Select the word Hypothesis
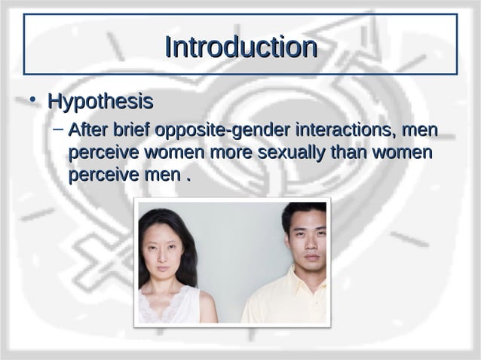[x=100, y=101]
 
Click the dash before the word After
[x=57, y=130]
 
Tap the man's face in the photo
[x=306, y=241]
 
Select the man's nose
[x=308, y=246]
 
